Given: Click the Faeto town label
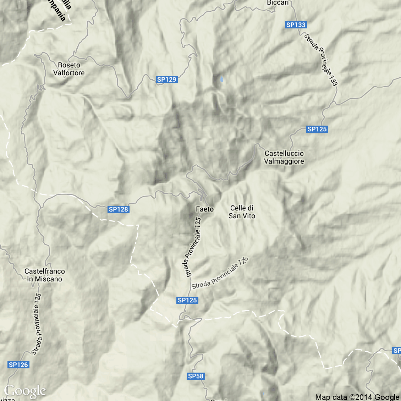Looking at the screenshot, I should (x=205, y=209).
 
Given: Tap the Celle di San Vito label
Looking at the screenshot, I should (x=242, y=212).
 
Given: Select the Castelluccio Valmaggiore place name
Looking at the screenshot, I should (x=284, y=157).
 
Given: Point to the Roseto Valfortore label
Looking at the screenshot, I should (x=69, y=69).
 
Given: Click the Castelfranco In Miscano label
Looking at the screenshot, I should (x=45, y=275).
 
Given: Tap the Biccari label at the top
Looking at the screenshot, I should (x=278, y=3).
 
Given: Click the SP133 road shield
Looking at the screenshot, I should (x=296, y=25).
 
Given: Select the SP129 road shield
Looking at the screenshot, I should (x=166, y=79).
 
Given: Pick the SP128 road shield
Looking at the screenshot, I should (x=118, y=209).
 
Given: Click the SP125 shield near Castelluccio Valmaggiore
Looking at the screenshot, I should (x=317, y=129).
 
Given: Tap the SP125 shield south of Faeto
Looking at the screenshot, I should (x=187, y=300).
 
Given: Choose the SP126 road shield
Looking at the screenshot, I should (x=18, y=365).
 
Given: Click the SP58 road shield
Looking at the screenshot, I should (x=196, y=376).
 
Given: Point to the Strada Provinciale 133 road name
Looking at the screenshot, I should (x=321, y=60).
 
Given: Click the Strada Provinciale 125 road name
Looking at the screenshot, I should (x=193, y=247).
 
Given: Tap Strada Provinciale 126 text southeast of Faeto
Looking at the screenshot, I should (x=220, y=273).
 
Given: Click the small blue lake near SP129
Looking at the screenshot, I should (x=222, y=79).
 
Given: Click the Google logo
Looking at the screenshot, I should (x=25, y=391).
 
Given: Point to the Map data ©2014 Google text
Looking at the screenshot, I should (x=357, y=397).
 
